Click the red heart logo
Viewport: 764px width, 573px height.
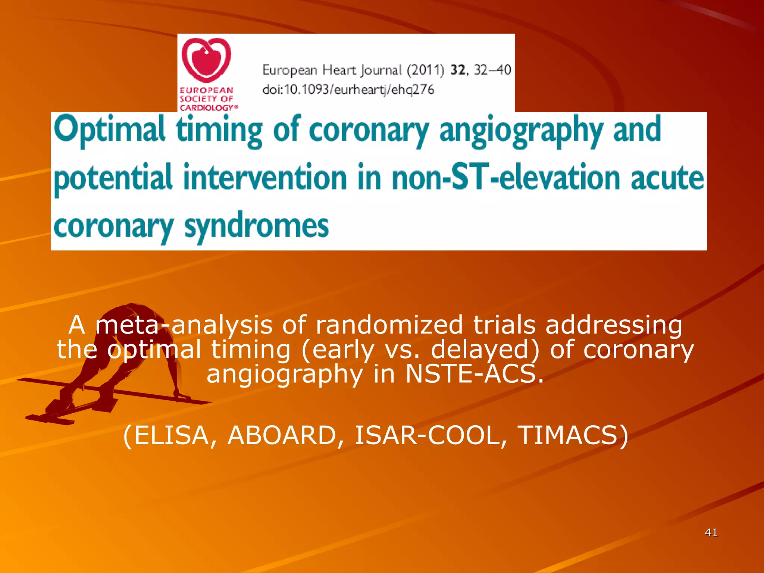tap(206, 60)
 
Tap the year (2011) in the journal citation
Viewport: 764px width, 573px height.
tap(425, 70)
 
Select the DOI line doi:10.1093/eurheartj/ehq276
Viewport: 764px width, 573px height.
tap(348, 90)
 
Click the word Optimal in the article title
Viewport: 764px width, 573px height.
tap(110, 129)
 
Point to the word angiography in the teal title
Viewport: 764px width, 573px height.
tap(521, 131)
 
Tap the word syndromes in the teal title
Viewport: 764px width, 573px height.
tap(257, 226)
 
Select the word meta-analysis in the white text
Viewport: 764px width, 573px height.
tap(184, 325)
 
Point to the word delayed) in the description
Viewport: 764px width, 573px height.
tap(485, 350)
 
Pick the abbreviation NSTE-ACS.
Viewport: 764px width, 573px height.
tap(474, 374)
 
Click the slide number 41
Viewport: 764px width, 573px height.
tap(711, 533)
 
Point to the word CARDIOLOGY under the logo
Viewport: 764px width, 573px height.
tap(207, 108)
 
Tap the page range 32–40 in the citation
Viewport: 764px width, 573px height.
tap(492, 70)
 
